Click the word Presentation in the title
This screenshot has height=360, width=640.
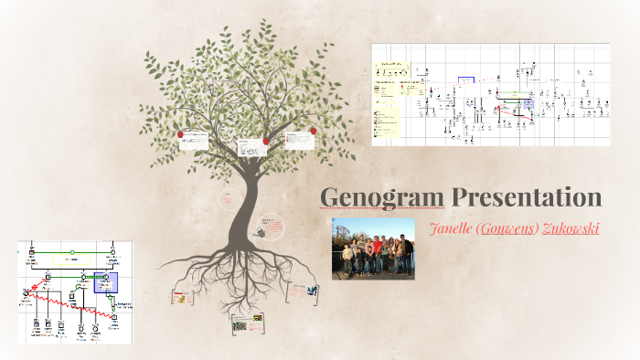[525, 197]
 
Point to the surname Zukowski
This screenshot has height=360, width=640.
[571, 228]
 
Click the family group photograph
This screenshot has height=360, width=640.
[373, 249]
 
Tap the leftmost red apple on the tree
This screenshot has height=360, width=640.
[181, 135]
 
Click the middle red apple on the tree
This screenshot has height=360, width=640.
[266, 141]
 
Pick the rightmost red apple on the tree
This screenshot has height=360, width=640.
[313, 131]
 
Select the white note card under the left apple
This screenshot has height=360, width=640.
[195, 143]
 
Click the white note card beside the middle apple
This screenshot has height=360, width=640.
[251, 147]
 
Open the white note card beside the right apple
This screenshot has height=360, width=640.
[298, 141]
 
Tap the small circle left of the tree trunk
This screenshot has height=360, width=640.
[229, 196]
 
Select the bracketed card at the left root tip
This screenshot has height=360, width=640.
[181, 297]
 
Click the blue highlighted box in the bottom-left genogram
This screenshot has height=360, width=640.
[112, 283]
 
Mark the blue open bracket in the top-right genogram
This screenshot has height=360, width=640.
[466, 81]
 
